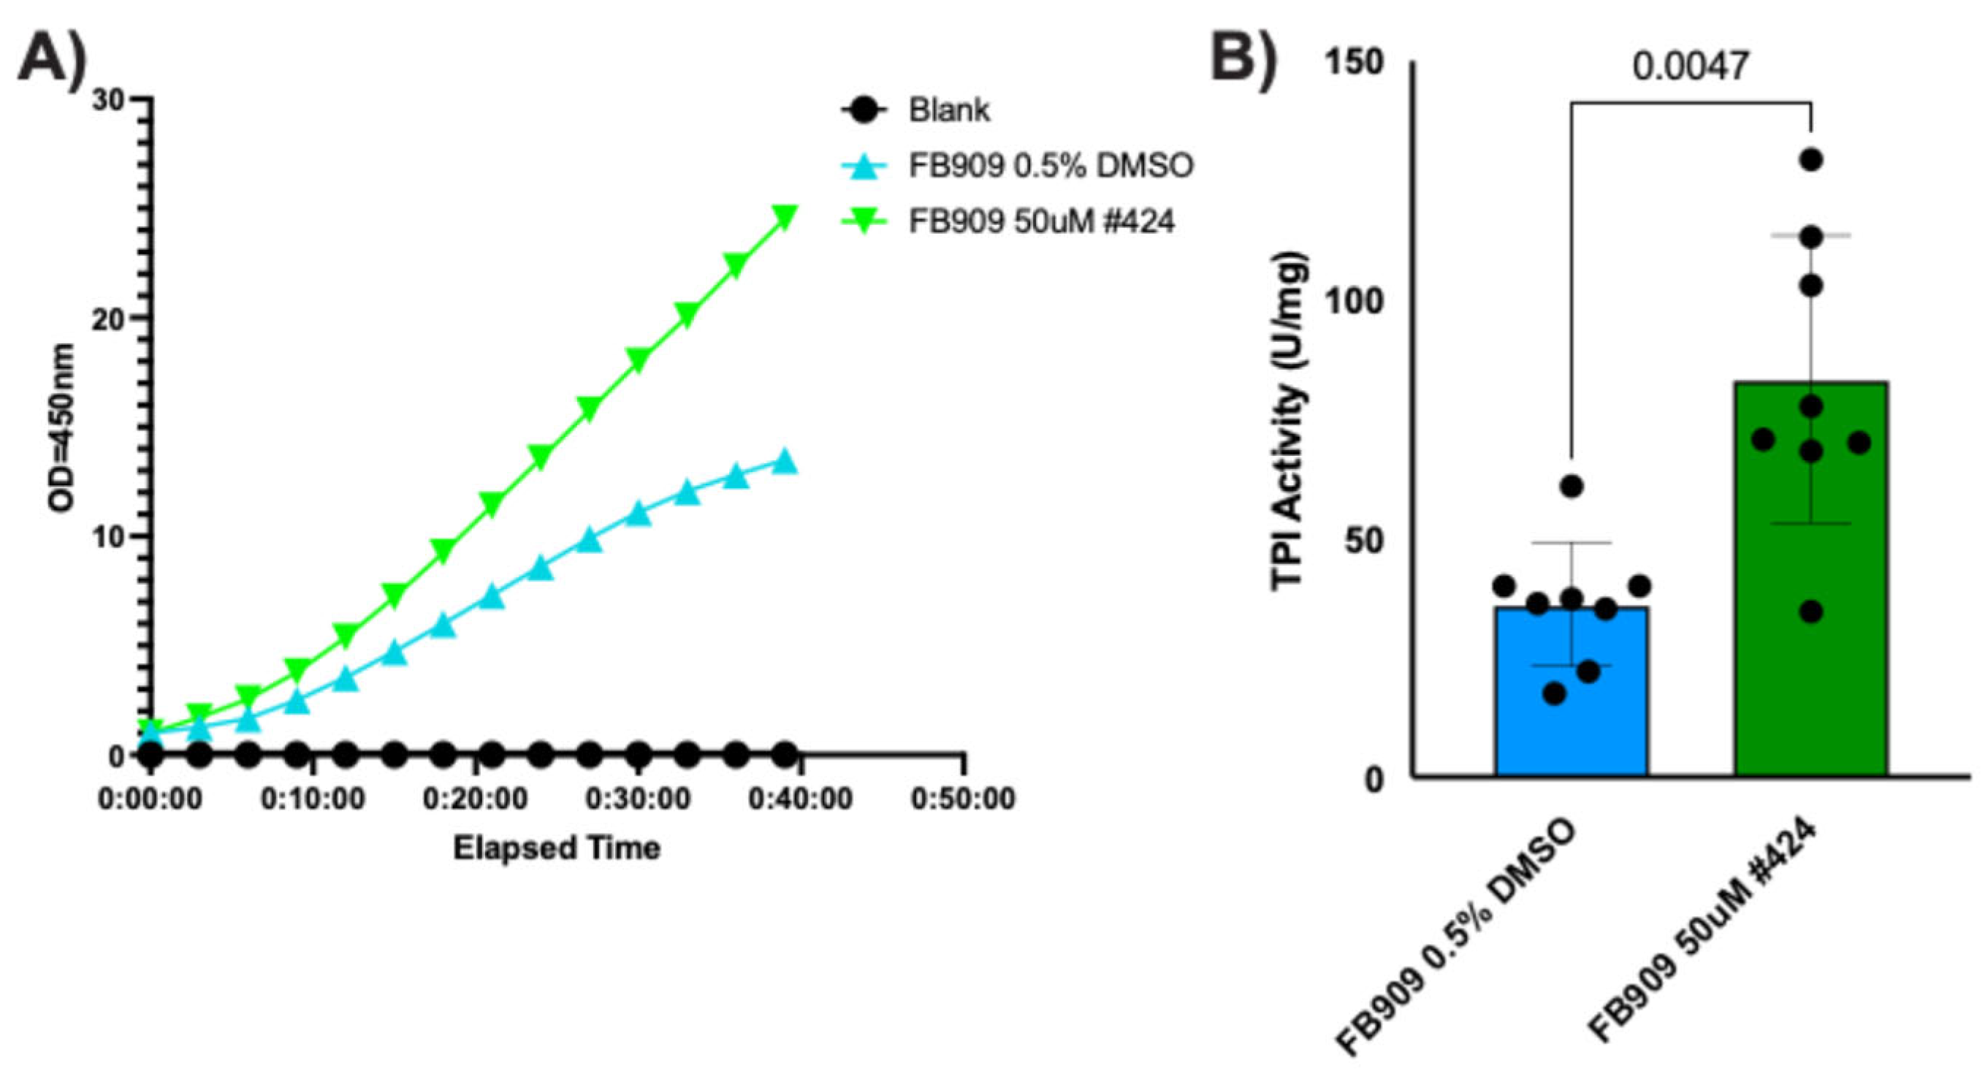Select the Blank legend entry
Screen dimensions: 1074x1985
click(948, 111)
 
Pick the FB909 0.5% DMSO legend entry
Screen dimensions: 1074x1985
click(1050, 166)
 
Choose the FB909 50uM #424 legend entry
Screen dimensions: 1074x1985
click(1040, 222)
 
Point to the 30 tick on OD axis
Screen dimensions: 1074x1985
click(110, 101)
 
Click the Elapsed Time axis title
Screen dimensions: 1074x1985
click(557, 848)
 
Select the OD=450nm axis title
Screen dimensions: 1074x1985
click(61, 427)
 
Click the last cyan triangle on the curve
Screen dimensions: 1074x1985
click(785, 462)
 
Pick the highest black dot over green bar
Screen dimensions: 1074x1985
click(1811, 160)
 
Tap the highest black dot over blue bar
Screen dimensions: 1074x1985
click(1571, 486)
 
